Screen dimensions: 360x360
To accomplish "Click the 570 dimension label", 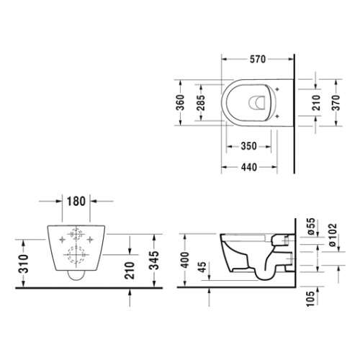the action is coord(258,59).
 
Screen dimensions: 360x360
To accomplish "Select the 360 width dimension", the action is coord(181,102).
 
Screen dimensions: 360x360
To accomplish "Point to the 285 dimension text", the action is coord(201,103).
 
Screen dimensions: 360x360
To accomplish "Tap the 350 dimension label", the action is coord(248,146).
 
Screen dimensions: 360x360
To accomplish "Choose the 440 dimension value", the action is coord(249,167).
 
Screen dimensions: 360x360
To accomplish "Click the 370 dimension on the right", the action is coord(336,102).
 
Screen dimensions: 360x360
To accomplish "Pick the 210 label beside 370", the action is coord(316,103).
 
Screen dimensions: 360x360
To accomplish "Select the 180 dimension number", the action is coord(76,202).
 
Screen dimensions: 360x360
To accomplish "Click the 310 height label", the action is coord(24,264).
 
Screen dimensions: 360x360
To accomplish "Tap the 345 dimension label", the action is coord(154,261).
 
